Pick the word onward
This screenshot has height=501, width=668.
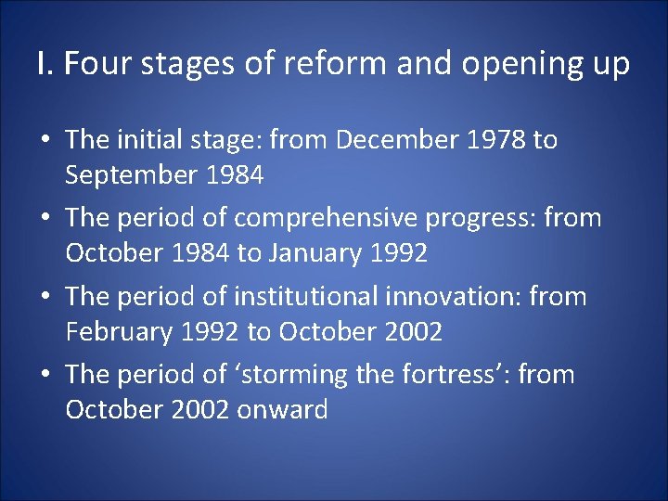pos(282,410)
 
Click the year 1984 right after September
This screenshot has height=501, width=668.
pos(236,175)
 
